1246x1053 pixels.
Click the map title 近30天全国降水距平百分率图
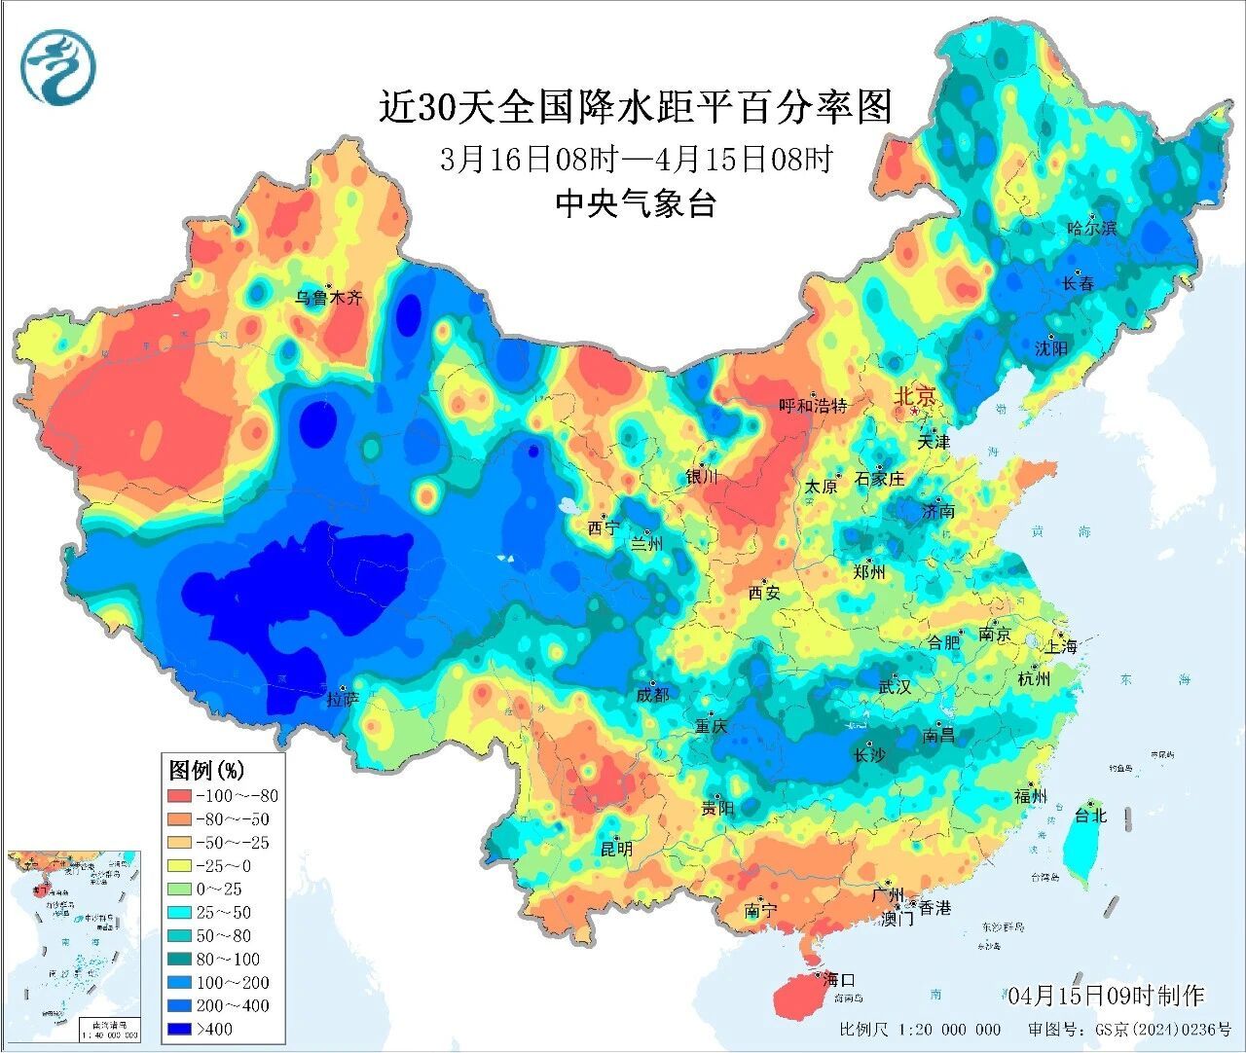point(635,106)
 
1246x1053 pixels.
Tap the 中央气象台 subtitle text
point(635,203)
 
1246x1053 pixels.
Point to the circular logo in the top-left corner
point(60,65)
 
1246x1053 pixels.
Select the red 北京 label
point(914,396)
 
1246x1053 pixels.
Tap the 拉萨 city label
point(343,699)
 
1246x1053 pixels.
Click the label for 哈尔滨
point(1091,229)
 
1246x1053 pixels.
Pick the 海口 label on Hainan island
point(837,978)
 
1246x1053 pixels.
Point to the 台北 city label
point(1090,816)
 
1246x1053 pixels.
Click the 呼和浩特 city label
point(813,406)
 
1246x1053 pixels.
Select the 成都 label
point(652,694)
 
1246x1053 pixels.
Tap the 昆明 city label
point(615,849)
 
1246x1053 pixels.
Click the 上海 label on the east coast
point(1060,646)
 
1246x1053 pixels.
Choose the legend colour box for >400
point(179,1029)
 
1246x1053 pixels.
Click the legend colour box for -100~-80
point(179,796)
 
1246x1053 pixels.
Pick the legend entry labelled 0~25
point(218,890)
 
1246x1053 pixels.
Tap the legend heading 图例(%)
point(206,770)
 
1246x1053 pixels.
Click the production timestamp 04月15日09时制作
point(1106,996)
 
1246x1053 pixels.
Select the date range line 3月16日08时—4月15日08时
point(635,159)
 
